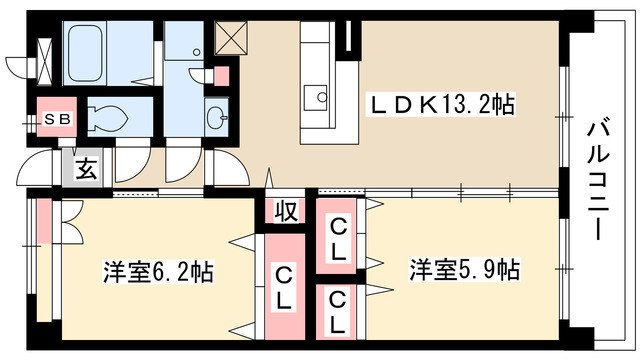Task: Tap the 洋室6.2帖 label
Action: coord(159,270)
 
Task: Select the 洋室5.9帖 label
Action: coord(464,270)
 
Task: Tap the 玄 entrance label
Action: coord(86,168)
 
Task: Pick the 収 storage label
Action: coord(286,211)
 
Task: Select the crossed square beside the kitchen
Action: coord(231,37)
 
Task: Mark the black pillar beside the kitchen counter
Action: coord(347,39)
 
